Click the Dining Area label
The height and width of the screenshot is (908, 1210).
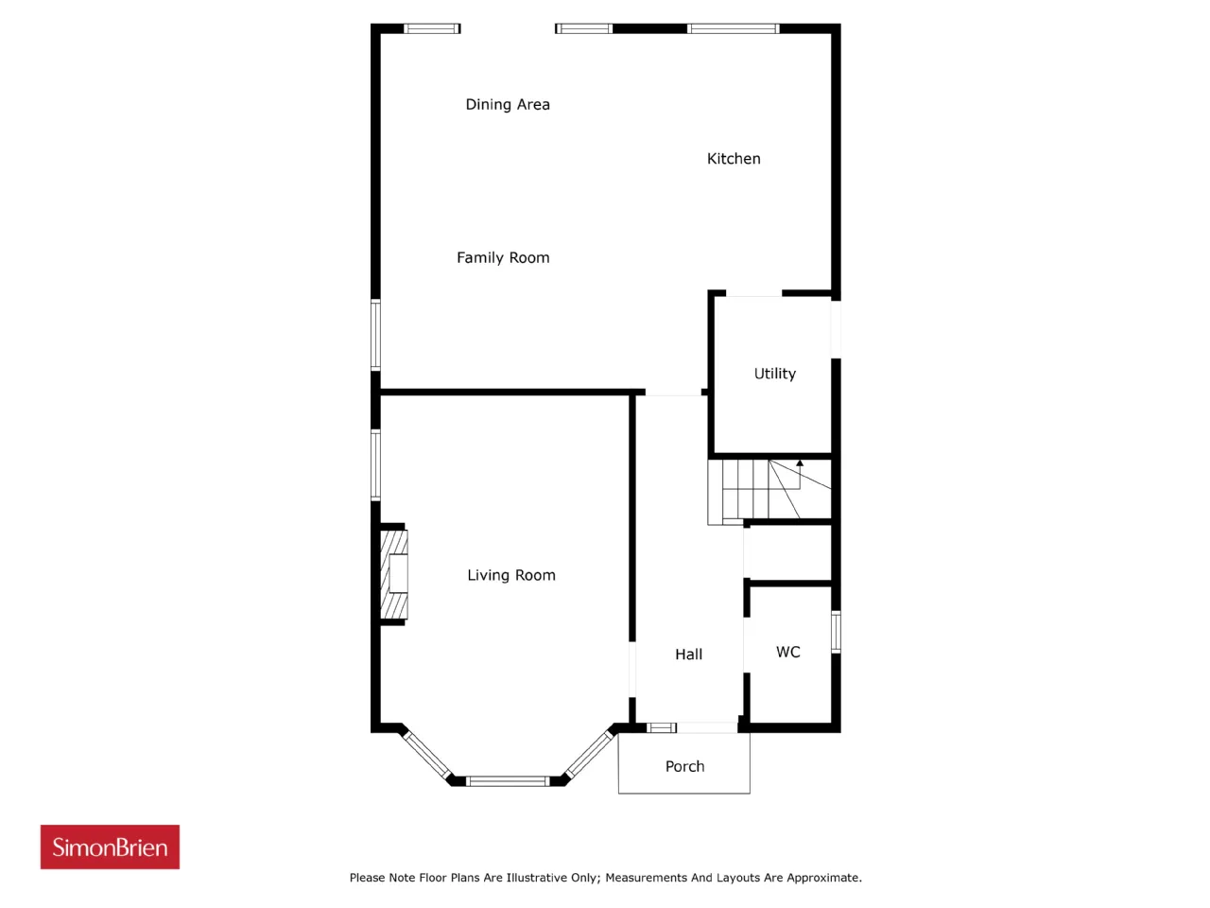click(x=507, y=105)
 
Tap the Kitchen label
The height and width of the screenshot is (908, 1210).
click(x=734, y=159)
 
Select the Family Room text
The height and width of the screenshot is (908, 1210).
click(x=503, y=258)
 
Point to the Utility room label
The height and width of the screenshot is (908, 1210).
click(x=774, y=374)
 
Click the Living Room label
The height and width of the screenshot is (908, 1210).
click(x=511, y=576)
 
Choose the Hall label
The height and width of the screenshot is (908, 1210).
click(x=688, y=655)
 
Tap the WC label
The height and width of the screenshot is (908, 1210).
click(x=787, y=653)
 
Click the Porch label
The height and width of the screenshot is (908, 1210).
click(x=684, y=766)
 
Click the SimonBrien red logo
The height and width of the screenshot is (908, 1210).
click(x=110, y=847)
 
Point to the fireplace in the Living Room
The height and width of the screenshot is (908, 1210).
click(x=394, y=575)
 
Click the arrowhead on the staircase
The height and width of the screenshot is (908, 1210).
click(x=800, y=463)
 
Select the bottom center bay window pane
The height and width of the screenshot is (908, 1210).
click(x=508, y=781)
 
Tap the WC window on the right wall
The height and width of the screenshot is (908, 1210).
click(x=836, y=632)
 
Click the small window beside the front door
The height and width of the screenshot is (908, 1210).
click(x=661, y=727)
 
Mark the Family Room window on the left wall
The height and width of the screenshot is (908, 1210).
click(x=375, y=335)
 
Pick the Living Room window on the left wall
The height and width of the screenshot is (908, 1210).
click(x=375, y=464)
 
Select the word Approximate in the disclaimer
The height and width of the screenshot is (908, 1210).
click(x=823, y=878)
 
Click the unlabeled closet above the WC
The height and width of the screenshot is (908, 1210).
click(x=788, y=553)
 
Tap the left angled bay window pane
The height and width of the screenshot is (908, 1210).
click(x=427, y=755)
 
